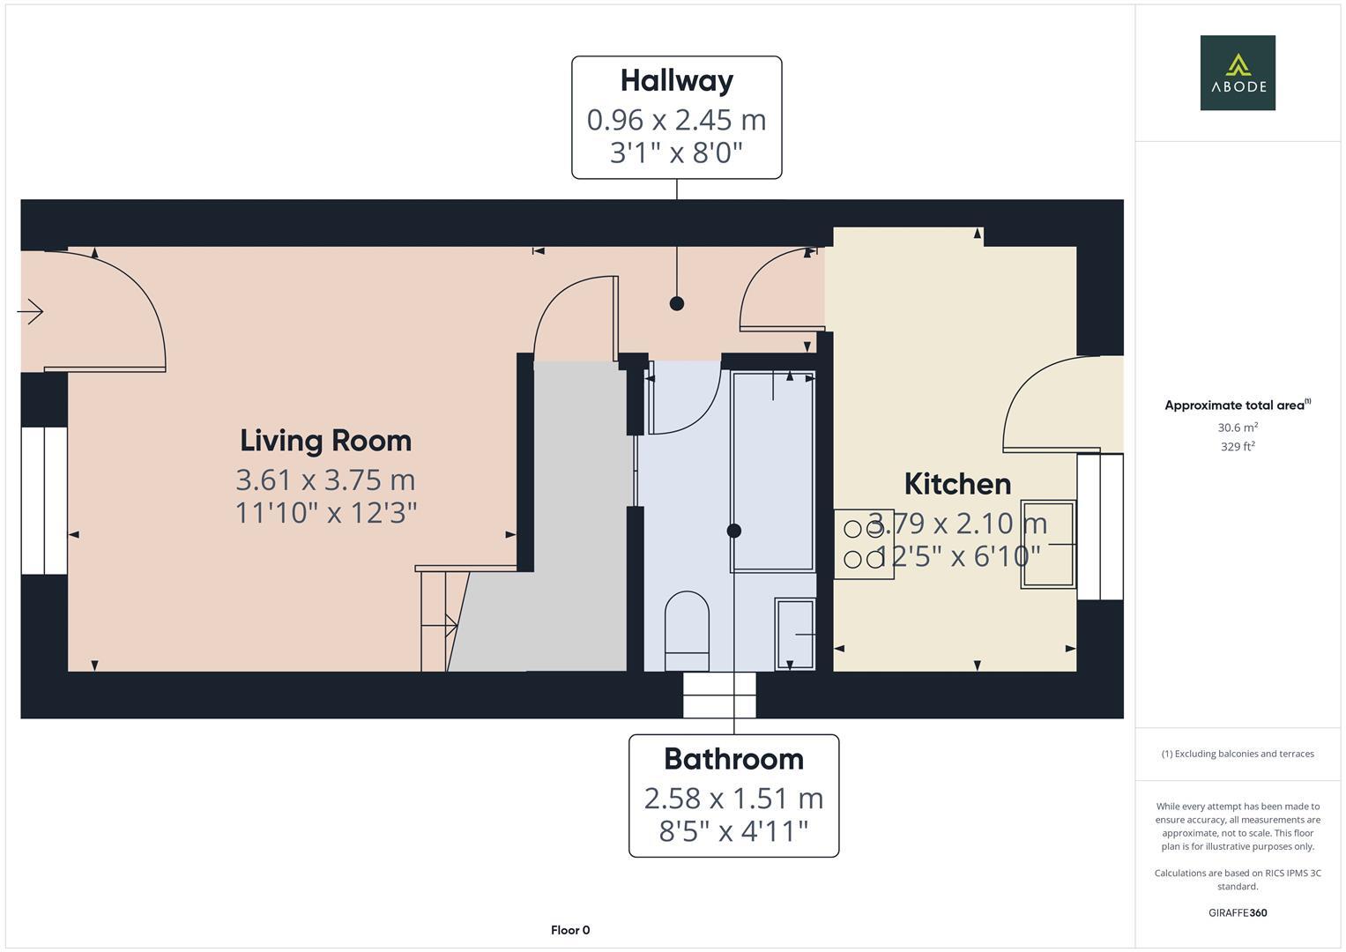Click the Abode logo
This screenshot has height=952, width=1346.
click(1237, 72)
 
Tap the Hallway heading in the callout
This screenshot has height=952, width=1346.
click(676, 81)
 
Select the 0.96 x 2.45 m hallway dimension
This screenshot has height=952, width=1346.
click(676, 119)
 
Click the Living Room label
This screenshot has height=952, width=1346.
click(325, 441)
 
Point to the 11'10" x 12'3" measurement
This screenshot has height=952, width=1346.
click(325, 512)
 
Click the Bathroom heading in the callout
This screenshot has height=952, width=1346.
click(733, 759)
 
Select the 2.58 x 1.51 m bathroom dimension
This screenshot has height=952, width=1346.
click(733, 798)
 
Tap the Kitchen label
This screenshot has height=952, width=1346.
click(957, 484)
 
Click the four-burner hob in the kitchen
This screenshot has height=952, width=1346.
click(864, 544)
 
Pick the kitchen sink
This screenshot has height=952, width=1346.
click(1048, 544)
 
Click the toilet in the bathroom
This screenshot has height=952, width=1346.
click(687, 631)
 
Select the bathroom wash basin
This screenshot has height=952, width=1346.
click(794, 634)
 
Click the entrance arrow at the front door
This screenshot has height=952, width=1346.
click(31, 311)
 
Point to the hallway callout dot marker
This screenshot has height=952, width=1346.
click(676, 303)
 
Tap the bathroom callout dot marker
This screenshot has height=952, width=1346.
click(733, 531)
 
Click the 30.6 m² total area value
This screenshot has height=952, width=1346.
click(1238, 428)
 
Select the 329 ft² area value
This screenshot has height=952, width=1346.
click(1238, 446)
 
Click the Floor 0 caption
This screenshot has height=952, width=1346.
click(569, 930)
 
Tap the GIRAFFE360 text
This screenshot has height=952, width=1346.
click(1238, 912)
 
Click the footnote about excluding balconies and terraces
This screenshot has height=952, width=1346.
click(1238, 754)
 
